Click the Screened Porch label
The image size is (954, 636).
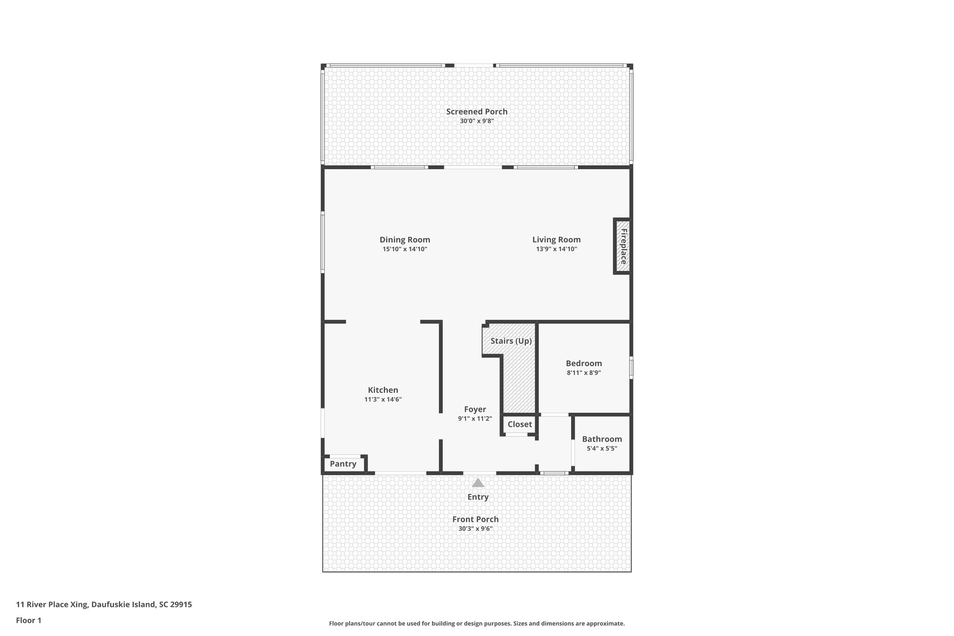(x=477, y=111)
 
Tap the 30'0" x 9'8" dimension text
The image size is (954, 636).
(x=477, y=121)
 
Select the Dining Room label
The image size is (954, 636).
(x=405, y=240)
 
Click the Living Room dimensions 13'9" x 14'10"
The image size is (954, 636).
(x=556, y=249)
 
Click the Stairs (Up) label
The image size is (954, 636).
(x=511, y=341)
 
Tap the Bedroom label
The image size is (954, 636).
(x=584, y=363)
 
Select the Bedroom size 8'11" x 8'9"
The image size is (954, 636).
(x=584, y=373)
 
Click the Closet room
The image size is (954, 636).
(x=519, y=424)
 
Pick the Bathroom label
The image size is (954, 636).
(x=602, y=439)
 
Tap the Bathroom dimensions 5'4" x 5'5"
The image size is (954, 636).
(x=602, y=449)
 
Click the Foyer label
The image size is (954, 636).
(x=475, y=410)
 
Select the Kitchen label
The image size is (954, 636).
(x=383, y=390)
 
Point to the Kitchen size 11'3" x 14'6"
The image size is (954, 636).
(x=383, y=400)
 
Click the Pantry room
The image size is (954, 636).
(x=343, y=464)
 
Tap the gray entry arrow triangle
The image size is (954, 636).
(x=478, y=483)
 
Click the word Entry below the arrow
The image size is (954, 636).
(x=478, y=497)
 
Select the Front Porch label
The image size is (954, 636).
(x=475, y=519)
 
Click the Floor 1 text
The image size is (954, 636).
(x=28, y=620)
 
